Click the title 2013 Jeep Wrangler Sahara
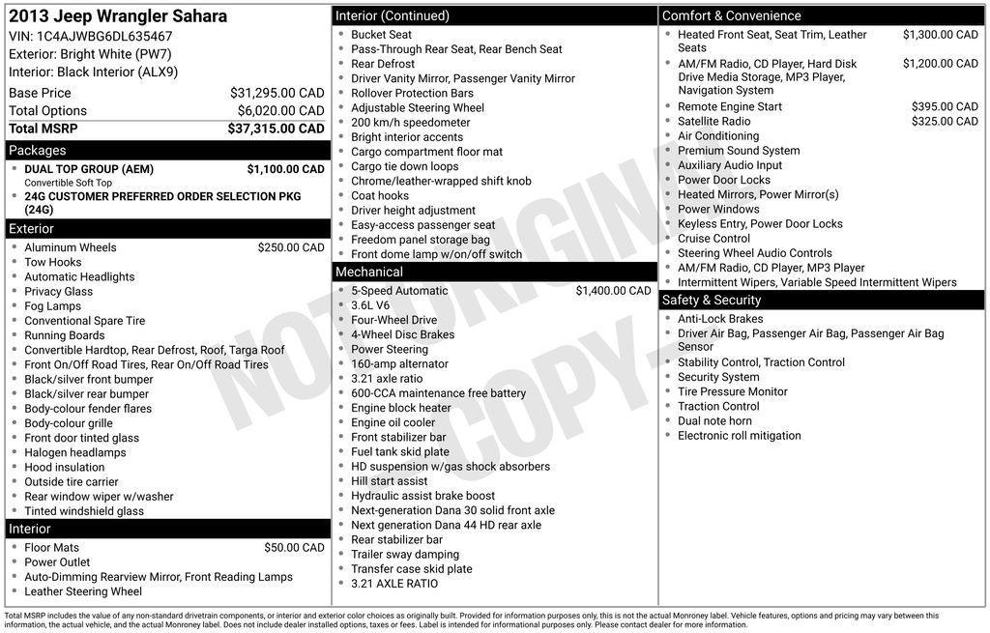click(x=118, y=16)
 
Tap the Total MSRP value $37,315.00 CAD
click(x=276, y=129)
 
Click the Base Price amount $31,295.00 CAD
click(x=277, y=93)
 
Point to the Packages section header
click(x=38, y=151)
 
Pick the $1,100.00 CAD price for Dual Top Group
click(x=285, y=169)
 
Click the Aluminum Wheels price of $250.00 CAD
click(x=290, y=247)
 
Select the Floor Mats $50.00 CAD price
click(x=294, y=548)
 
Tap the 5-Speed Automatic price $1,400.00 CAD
click(x=613, y=291)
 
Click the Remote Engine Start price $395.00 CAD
click(x=945, y=106)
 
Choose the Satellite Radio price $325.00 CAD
click(x=945, y=122)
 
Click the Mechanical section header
click(x=369, y=273)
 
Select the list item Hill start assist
click(x=389, y=481)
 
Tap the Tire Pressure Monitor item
click(x=732, y=391)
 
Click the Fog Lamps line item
click(x=52, y=306)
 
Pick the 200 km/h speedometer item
click(x=410, y=123)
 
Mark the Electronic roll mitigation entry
click(x=739, y=436)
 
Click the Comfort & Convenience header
click(x=731, y=15)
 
